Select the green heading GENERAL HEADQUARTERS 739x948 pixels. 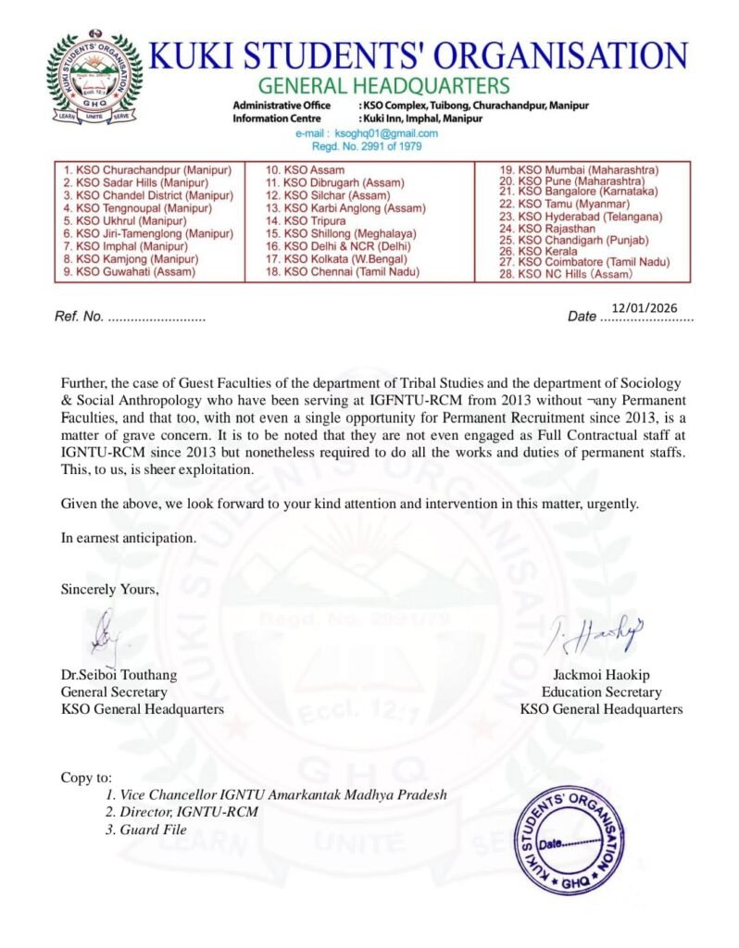(382, 86)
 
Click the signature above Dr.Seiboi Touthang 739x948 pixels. (105, 632)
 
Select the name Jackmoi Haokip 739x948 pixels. (601, 675)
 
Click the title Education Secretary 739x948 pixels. (601, 692)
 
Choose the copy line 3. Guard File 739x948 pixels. (145, 829)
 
